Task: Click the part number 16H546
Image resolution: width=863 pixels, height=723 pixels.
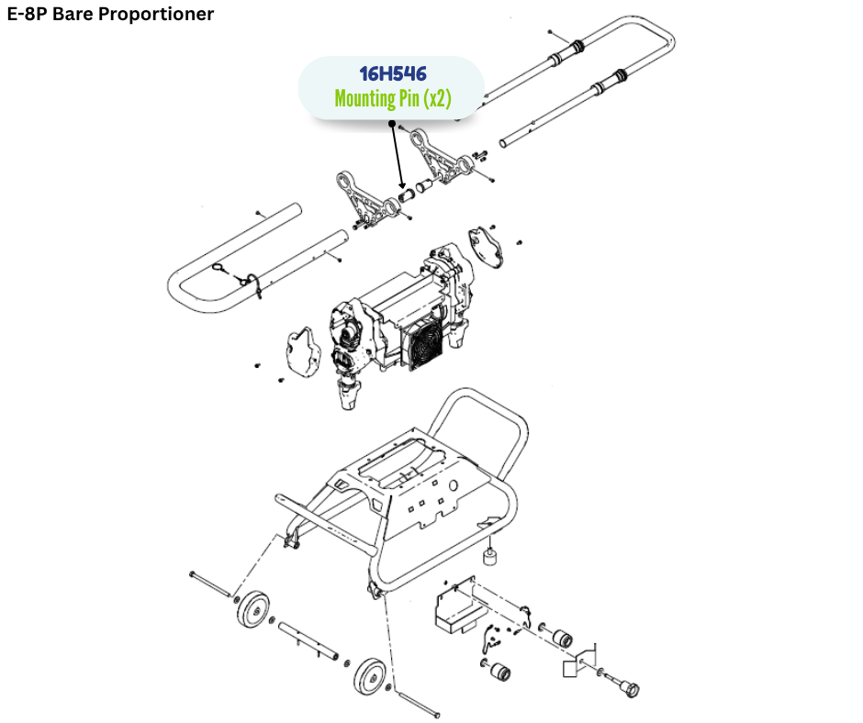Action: pos(392,74)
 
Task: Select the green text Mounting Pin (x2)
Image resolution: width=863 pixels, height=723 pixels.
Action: pos(392,98)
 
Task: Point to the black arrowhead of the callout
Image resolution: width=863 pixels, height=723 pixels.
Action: pos(401,188)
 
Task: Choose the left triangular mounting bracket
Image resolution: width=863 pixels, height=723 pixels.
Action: pos(367,197)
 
